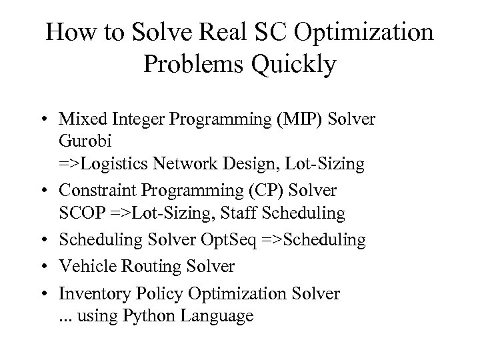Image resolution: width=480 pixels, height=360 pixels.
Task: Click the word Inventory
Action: click(x=91, y=293)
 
